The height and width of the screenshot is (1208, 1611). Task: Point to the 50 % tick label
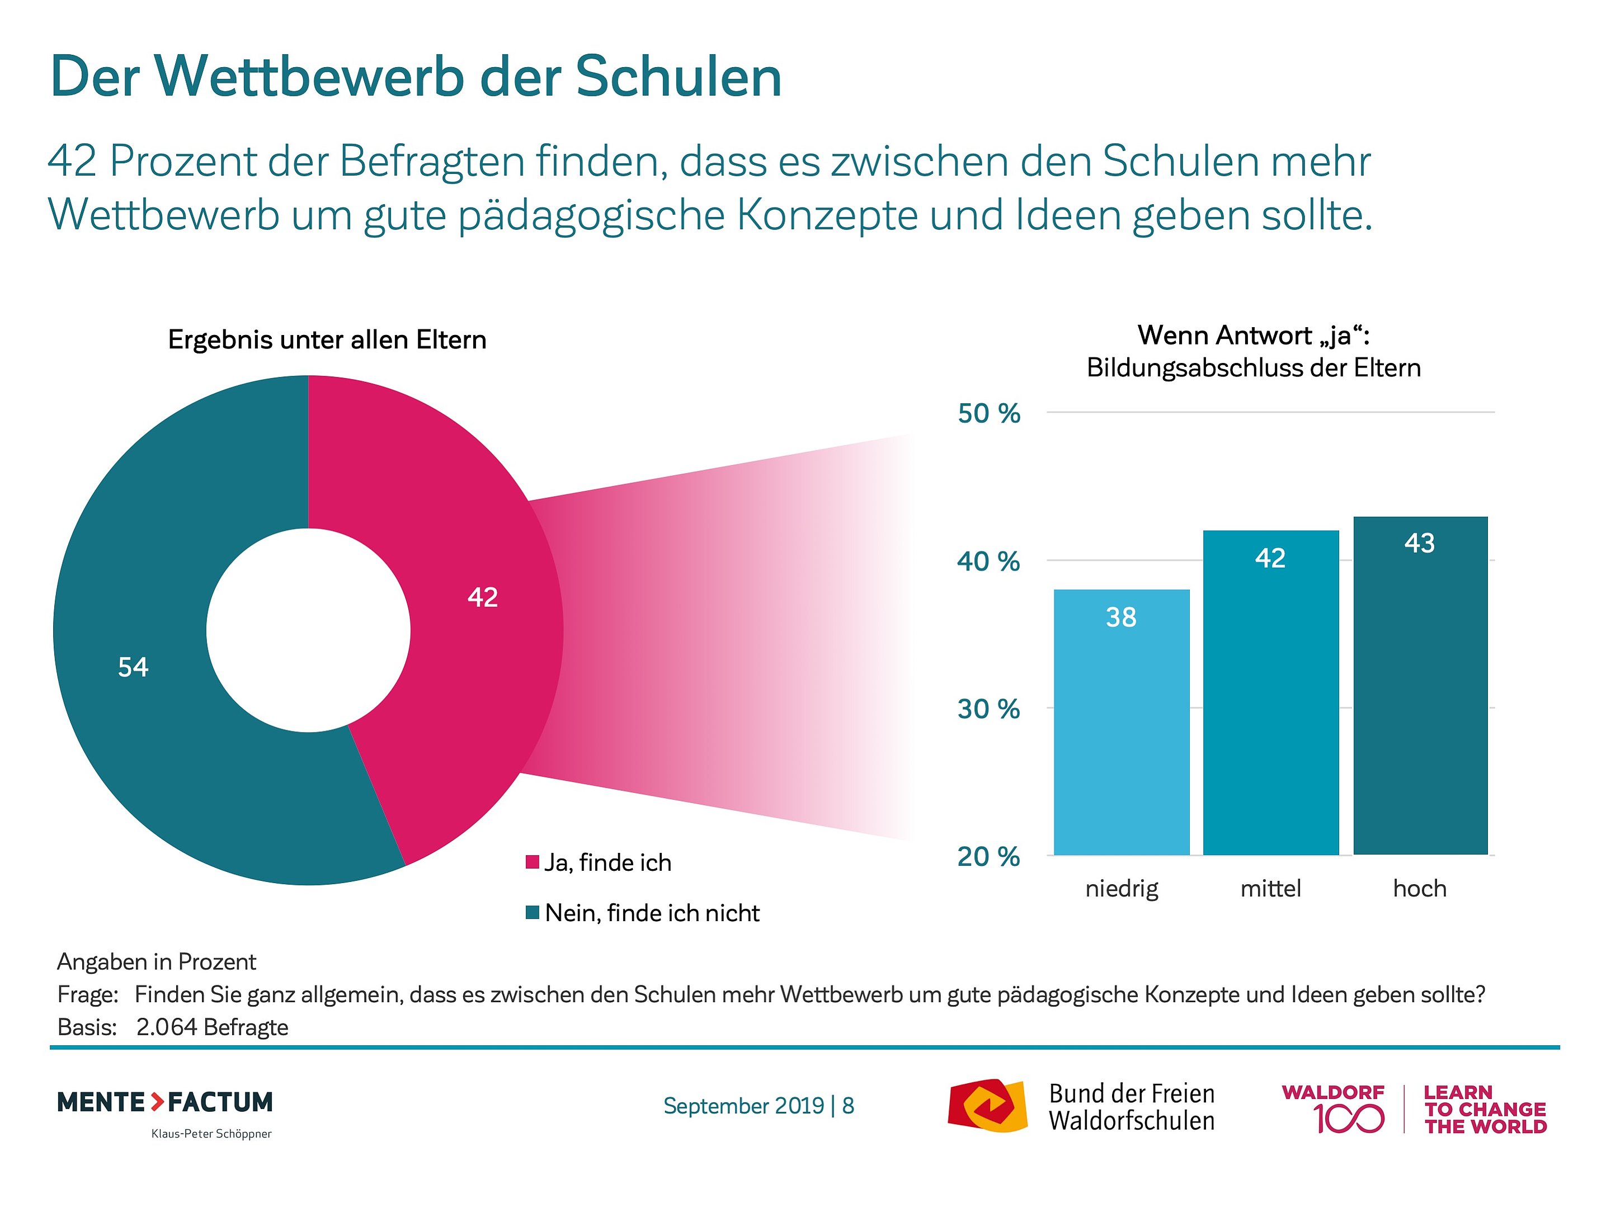[x=988, y=414]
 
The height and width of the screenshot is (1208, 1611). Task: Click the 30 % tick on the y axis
[x=988, y=709]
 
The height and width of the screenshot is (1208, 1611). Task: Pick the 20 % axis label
[x=988, y=856]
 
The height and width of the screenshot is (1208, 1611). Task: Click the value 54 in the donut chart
[x=133, y=667]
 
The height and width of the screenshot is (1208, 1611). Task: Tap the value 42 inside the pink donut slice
[x=482, y=597]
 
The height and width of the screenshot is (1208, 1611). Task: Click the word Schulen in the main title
[x=679, y=77]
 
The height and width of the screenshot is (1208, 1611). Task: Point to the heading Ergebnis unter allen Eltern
[x=327, y=340]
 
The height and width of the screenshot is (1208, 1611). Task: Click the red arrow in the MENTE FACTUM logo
[x=157, y=1102]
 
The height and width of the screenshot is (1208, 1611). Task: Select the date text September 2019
[x=743, y=1106]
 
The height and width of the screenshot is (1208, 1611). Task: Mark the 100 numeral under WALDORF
[x=1349, y=1119]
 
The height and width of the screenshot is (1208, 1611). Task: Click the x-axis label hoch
[x=1420, y=888]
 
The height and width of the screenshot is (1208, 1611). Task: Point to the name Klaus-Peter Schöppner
[x=211, y=1134]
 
